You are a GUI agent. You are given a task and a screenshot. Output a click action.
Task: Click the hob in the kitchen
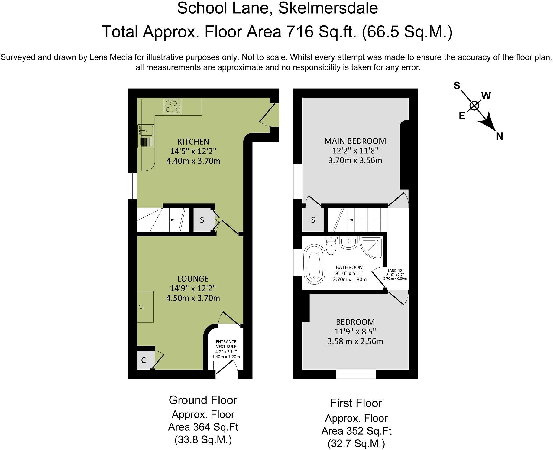[173, 106]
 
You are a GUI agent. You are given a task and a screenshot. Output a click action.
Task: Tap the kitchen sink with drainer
[146, 136]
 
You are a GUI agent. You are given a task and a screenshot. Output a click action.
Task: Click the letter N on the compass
[500, 136]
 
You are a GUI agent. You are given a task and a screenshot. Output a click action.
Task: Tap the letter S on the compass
[457, 86]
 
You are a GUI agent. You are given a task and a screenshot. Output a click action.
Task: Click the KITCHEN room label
[193, 142]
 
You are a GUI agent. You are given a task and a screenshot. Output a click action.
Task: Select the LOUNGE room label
[193, 279]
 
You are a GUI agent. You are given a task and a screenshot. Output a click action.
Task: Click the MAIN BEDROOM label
[355, 141]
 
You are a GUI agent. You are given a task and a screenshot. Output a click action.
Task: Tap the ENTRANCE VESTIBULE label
[226, 344]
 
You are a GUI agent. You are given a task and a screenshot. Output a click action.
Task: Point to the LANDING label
[395, 271]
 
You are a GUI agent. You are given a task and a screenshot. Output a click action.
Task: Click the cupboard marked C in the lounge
[144, 360]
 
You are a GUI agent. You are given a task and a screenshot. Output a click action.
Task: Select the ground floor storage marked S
[202, 220]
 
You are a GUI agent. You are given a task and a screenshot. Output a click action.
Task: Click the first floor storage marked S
[313, 220]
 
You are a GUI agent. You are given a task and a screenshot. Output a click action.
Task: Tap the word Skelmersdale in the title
[328, 8]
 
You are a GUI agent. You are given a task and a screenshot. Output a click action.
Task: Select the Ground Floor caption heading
[203, 400]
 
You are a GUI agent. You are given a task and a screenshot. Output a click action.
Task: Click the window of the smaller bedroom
[356, 374]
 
